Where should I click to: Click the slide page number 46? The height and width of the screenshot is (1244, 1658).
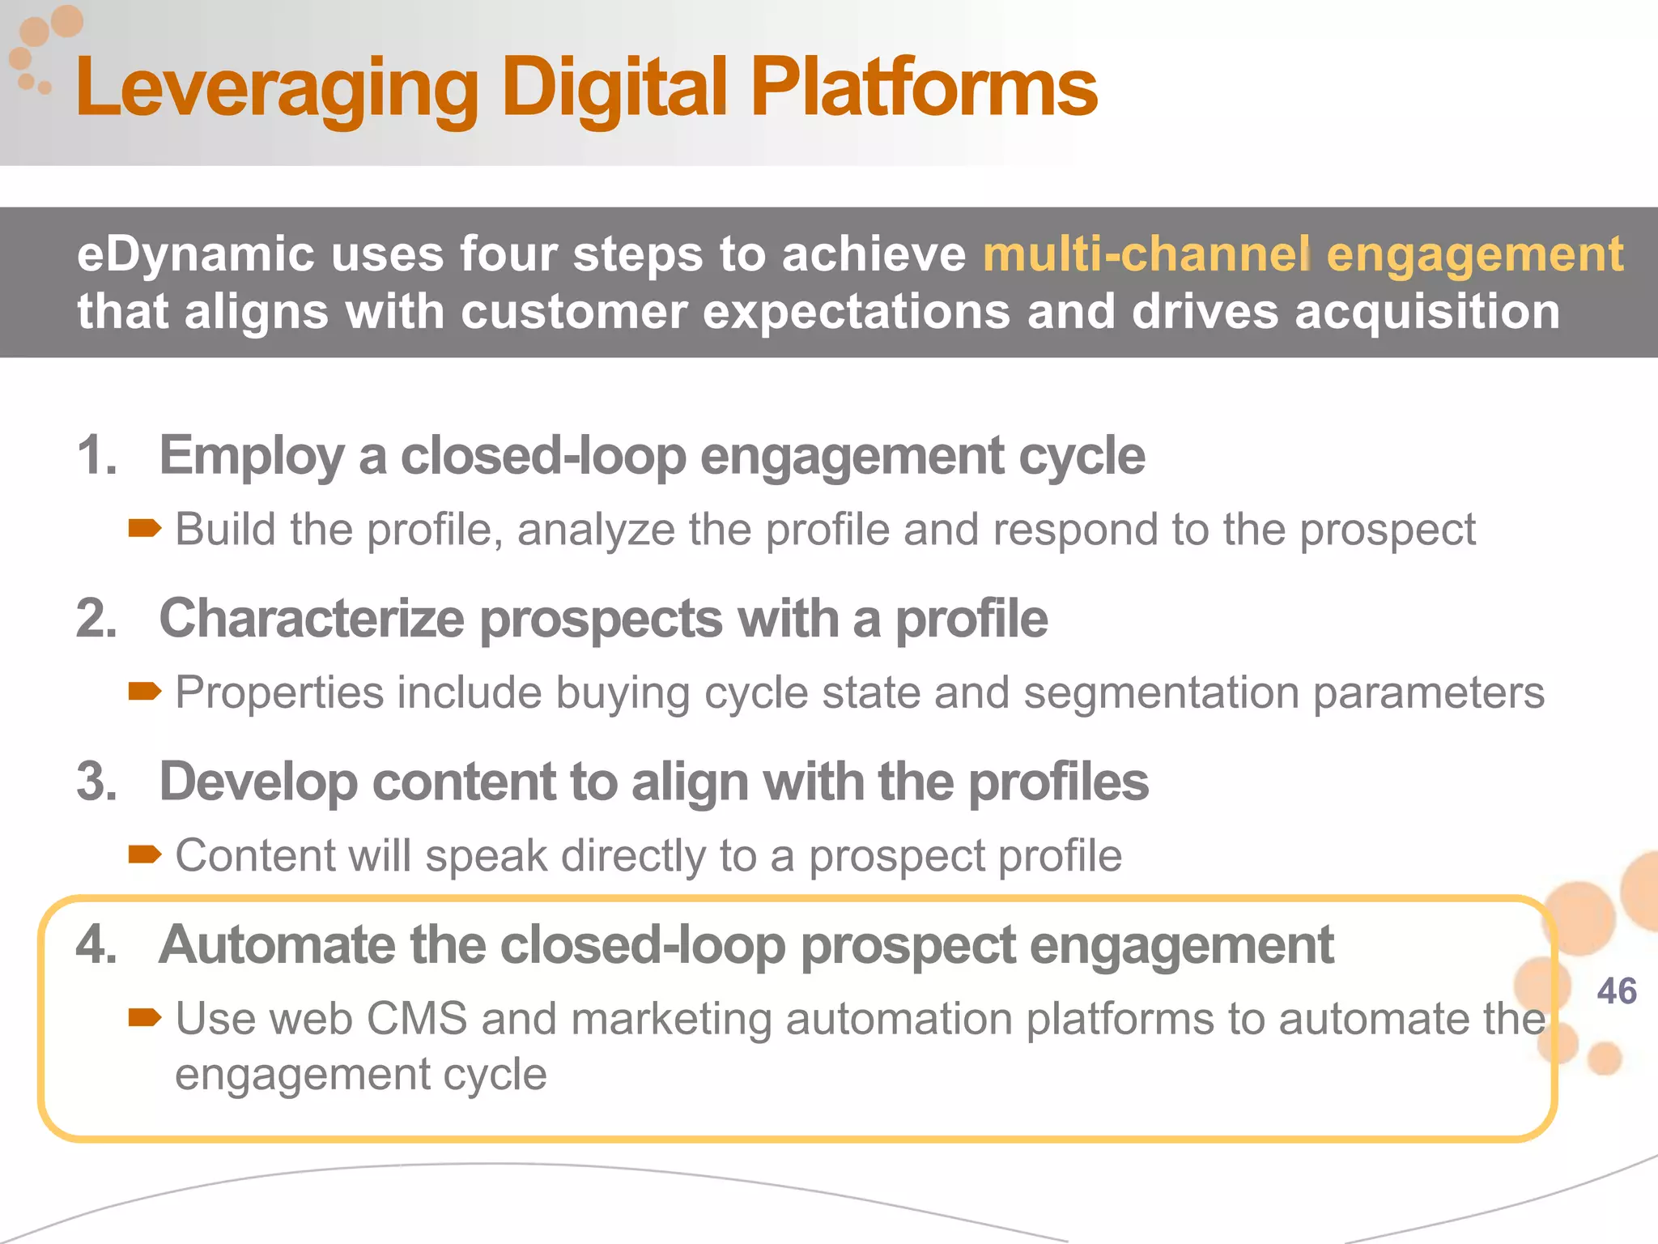click(1616, 991)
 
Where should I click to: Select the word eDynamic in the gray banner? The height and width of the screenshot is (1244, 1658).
click(195, 254)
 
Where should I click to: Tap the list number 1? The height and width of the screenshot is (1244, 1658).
click(96, 455)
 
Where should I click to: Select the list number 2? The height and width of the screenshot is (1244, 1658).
click(96, 619)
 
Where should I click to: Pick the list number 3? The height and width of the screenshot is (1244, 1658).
click(96, 782)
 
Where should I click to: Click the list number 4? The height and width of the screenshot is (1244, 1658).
click(96, 945)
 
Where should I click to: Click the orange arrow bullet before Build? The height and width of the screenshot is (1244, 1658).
click(144, 530)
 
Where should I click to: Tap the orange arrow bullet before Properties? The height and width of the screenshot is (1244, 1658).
click(144, 692)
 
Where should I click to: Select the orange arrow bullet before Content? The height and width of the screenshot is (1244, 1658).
click(144, 855)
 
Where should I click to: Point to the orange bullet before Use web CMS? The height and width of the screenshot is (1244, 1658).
click(144, 1018)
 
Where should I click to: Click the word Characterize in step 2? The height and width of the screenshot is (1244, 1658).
click(311, 619)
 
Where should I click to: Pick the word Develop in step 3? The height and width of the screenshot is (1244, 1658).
click(258, 782)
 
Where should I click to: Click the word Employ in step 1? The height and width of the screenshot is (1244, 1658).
click(252, 456)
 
